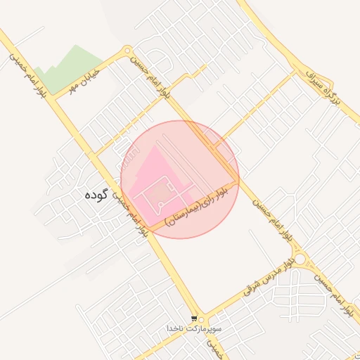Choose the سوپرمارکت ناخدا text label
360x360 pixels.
pyautogui.click(x=194, y=328)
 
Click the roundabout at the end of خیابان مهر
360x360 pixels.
pyautogui.click(x=127, y=51)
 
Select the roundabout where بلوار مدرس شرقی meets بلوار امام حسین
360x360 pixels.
pyautogui.click(x=301, y=260)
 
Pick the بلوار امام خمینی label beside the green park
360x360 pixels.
pyautogui.click(x=28, y=73)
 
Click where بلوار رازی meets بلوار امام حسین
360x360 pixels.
pyautogui.click(x=237, y=177)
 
